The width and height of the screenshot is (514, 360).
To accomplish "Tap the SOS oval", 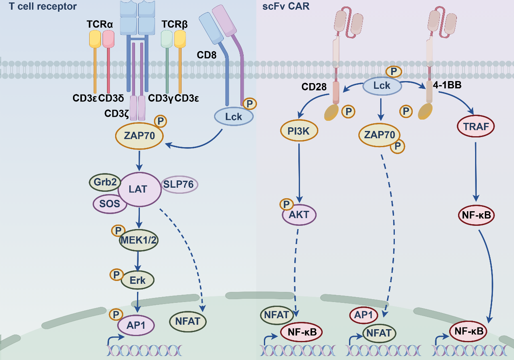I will click(x=110, y=203).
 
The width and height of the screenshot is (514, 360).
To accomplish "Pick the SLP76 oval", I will click(x=180, y=184).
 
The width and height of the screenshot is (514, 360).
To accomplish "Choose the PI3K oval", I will click(x=299, y=131).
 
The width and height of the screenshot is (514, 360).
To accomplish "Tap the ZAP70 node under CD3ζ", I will click(x=139, y=136).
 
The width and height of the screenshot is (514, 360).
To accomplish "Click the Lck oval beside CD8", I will click(x=233, y=117).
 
